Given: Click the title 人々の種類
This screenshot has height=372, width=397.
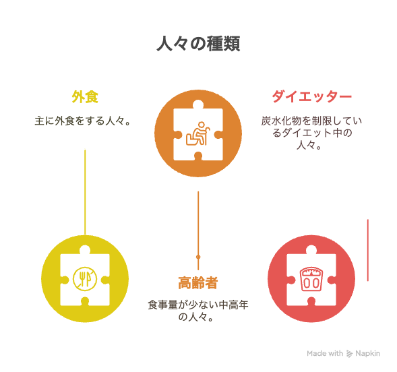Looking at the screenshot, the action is click(x=198, y=44).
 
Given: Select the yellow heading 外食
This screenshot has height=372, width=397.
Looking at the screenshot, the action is click(x=85, y=96).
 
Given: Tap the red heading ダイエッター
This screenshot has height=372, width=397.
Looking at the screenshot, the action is click(x=311, y=96).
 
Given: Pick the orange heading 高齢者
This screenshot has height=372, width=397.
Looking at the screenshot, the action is click(x=198, y=282).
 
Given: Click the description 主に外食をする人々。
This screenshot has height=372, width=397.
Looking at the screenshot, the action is click(x=82, y=121).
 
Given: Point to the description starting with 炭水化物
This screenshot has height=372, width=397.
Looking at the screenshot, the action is click(x=311, y=133).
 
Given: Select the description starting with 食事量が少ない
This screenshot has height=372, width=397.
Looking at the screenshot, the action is click(x=198, y=311).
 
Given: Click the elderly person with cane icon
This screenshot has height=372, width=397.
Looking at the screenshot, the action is click(x=198, y=133).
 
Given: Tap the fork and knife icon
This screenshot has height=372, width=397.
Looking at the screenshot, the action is click(x=85, y=279).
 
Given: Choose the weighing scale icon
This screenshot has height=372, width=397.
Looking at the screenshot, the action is click(x=311, y=279).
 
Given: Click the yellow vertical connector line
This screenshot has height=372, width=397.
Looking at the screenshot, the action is click(x=85, y=192).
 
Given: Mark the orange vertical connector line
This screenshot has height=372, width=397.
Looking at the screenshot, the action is click(x=198, y=230).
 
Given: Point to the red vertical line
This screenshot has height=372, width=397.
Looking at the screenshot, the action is click(x=367, y=250).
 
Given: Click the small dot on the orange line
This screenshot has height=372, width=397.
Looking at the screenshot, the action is click(x=198, y=257).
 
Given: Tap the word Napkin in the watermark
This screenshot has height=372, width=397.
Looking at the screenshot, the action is click(x=367, y=353).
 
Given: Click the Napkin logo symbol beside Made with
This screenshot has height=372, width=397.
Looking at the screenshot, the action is click(x=349, y=354).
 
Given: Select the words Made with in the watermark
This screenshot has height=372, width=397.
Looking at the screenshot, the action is click(x=325, y=353).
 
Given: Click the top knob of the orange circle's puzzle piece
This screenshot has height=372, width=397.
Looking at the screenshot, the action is click(x=198, y=104).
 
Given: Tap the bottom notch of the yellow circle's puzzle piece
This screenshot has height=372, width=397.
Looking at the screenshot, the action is click(x=85, y=302).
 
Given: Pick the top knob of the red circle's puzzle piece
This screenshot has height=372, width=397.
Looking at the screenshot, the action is click(x=311, y=250).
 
